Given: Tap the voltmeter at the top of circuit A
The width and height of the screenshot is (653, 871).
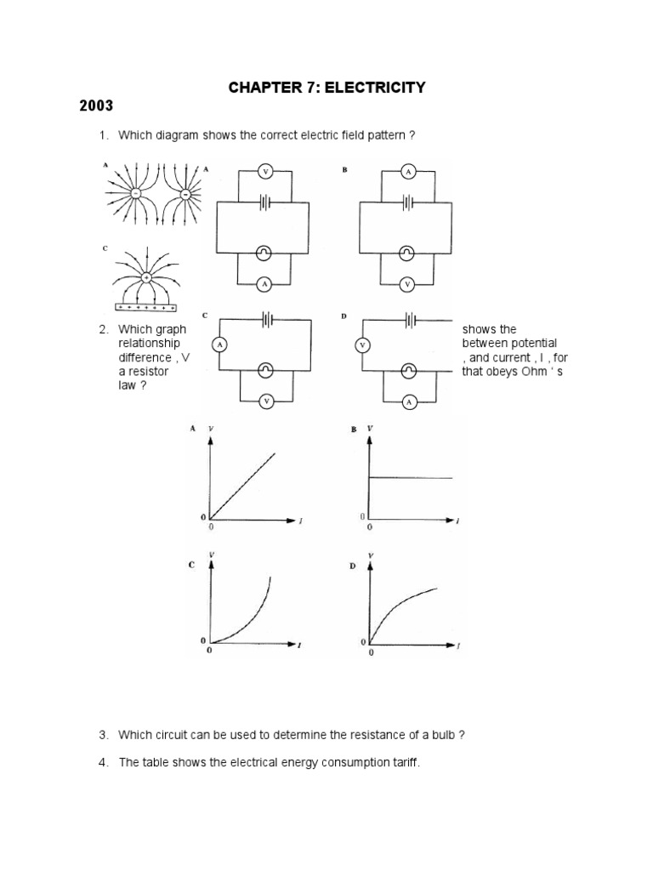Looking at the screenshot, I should tap(264, 172).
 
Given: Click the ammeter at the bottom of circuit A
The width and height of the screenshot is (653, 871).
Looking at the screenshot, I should tap(264, 283).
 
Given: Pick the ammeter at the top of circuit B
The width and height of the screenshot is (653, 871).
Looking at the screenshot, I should tap(407, 172).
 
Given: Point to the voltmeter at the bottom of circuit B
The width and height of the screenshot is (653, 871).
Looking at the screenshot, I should tap(407, 283).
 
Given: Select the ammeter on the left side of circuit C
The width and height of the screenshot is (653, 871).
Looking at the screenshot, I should tap(220, 344).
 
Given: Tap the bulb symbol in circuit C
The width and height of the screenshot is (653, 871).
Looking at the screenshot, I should tap(266, 371).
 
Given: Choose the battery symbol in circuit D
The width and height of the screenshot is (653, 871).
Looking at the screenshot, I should tap(410, 321).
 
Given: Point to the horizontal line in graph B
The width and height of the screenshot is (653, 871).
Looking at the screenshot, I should tap(410, 477).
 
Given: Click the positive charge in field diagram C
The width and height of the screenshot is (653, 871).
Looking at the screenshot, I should tap(146, 278).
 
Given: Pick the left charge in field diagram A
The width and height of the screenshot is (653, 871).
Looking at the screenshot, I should tap(134, 194).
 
